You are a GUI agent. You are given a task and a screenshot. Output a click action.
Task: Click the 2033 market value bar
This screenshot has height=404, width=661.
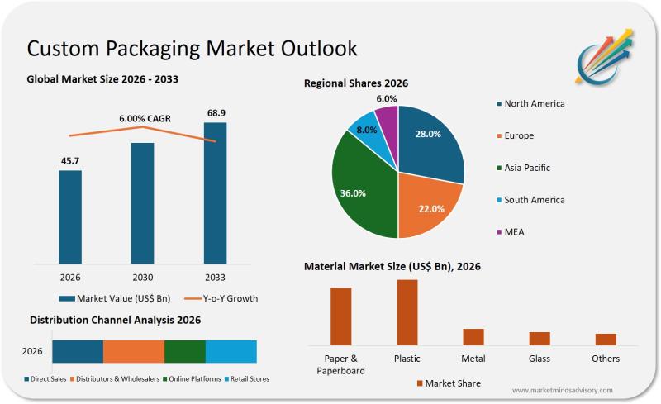pyautogui.click(x=215, y=193)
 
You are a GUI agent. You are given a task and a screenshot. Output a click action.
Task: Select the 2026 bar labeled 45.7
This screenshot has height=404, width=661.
pyautogui.click(x=70, y=217)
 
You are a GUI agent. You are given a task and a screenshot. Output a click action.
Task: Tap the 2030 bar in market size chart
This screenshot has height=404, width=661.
pyautogui.click(x=142, y=203)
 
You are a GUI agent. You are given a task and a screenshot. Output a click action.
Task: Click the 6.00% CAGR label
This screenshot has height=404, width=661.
pyautogui.click(x=145, y=119)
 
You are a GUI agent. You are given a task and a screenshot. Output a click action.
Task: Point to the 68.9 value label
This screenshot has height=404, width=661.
pyautogui.click(x=215, y=112)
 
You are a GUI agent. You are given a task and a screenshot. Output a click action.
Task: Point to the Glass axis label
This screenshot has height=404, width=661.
pyautogui.click(x=540, y=359)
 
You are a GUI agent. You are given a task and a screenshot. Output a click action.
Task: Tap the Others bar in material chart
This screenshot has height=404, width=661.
pyautogui.click(x=606, y=339)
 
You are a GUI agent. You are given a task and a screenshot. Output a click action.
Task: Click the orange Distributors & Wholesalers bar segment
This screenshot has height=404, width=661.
pyautogui.click(x=134, y=351)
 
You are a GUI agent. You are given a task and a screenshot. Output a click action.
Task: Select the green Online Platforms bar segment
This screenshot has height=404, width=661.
pyautogui.click(x=184, y=351)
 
